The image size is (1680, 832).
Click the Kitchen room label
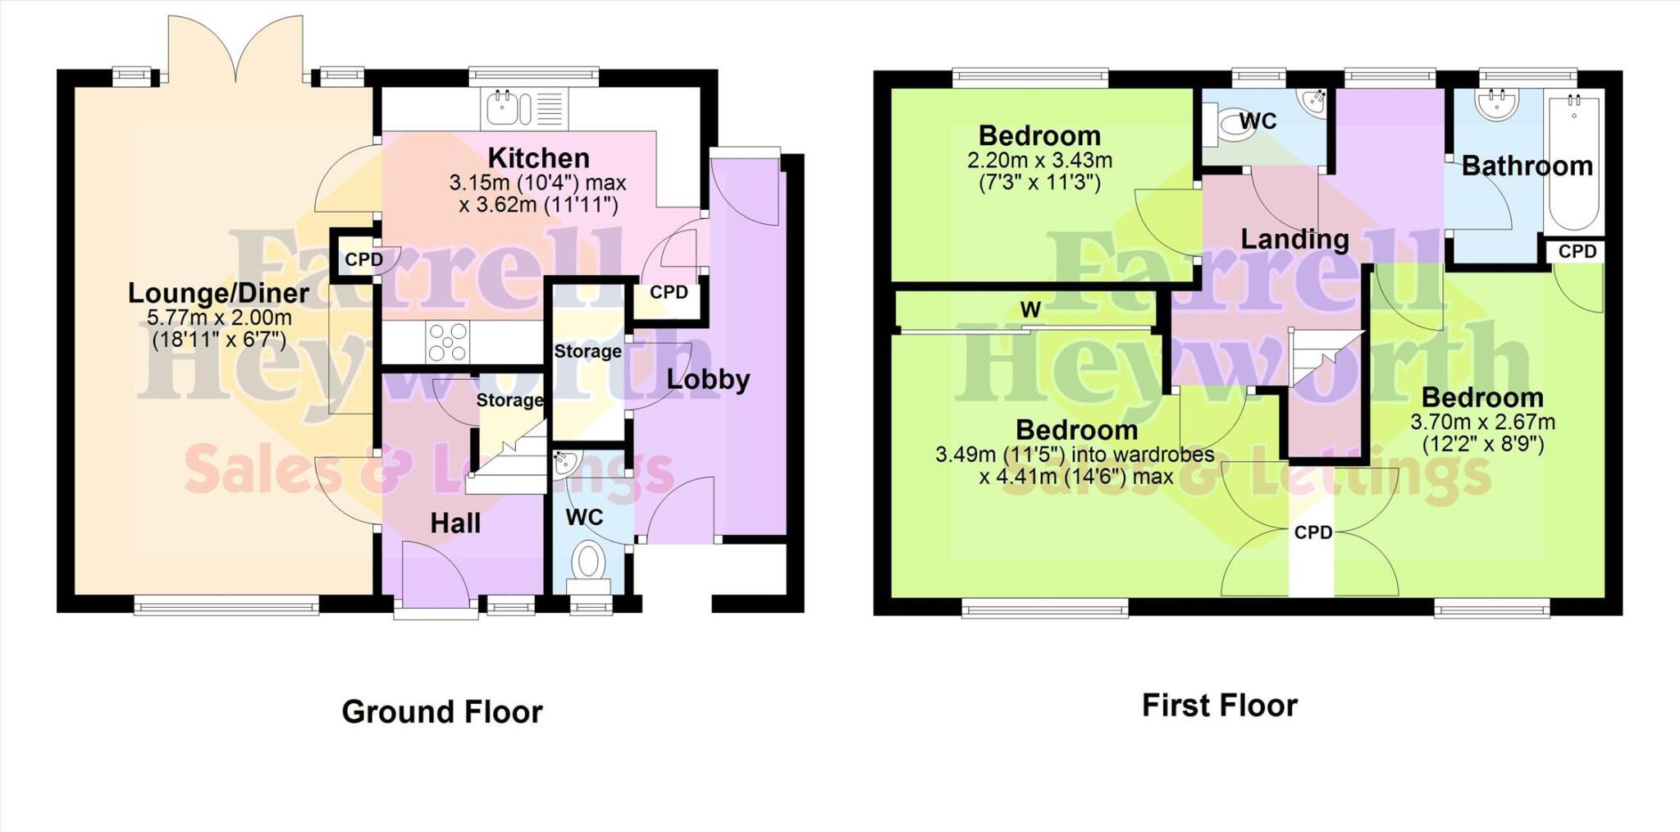(538, 158)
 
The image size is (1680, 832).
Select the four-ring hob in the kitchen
(447, 341)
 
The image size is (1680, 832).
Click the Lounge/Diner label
(218, 293)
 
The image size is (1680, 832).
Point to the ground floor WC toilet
(588, 563)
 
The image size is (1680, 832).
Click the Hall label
(455, 523)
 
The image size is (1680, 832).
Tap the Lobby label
(708, 379)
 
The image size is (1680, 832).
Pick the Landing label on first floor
(1294, 239)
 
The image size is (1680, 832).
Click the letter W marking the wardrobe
(1030, 309)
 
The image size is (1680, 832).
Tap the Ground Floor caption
(442, 711)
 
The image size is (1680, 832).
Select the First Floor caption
(1219, 705)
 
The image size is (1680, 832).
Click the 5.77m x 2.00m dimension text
(220, 318)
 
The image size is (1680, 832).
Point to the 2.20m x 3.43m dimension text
(1039, 160)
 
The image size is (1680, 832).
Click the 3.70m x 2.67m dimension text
(1482, 423)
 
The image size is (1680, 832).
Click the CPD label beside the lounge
(363, 259)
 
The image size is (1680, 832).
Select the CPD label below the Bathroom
(1577, 251)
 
